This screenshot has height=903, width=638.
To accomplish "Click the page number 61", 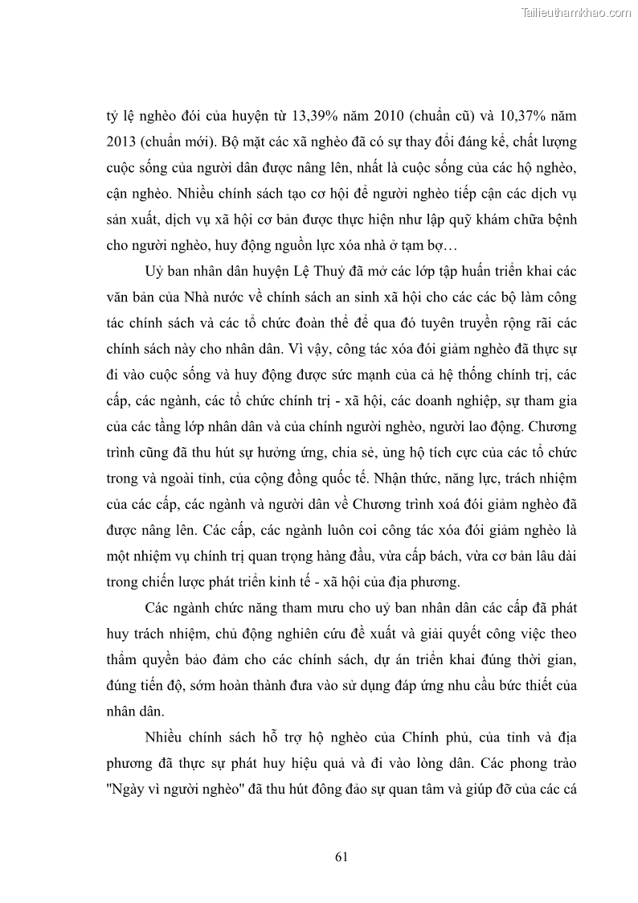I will [341, 856].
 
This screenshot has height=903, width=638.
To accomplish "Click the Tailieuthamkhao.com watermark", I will [577, 12].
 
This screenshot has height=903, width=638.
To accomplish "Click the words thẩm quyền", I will [134, 659].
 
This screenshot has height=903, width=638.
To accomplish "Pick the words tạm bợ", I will [431, 245].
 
